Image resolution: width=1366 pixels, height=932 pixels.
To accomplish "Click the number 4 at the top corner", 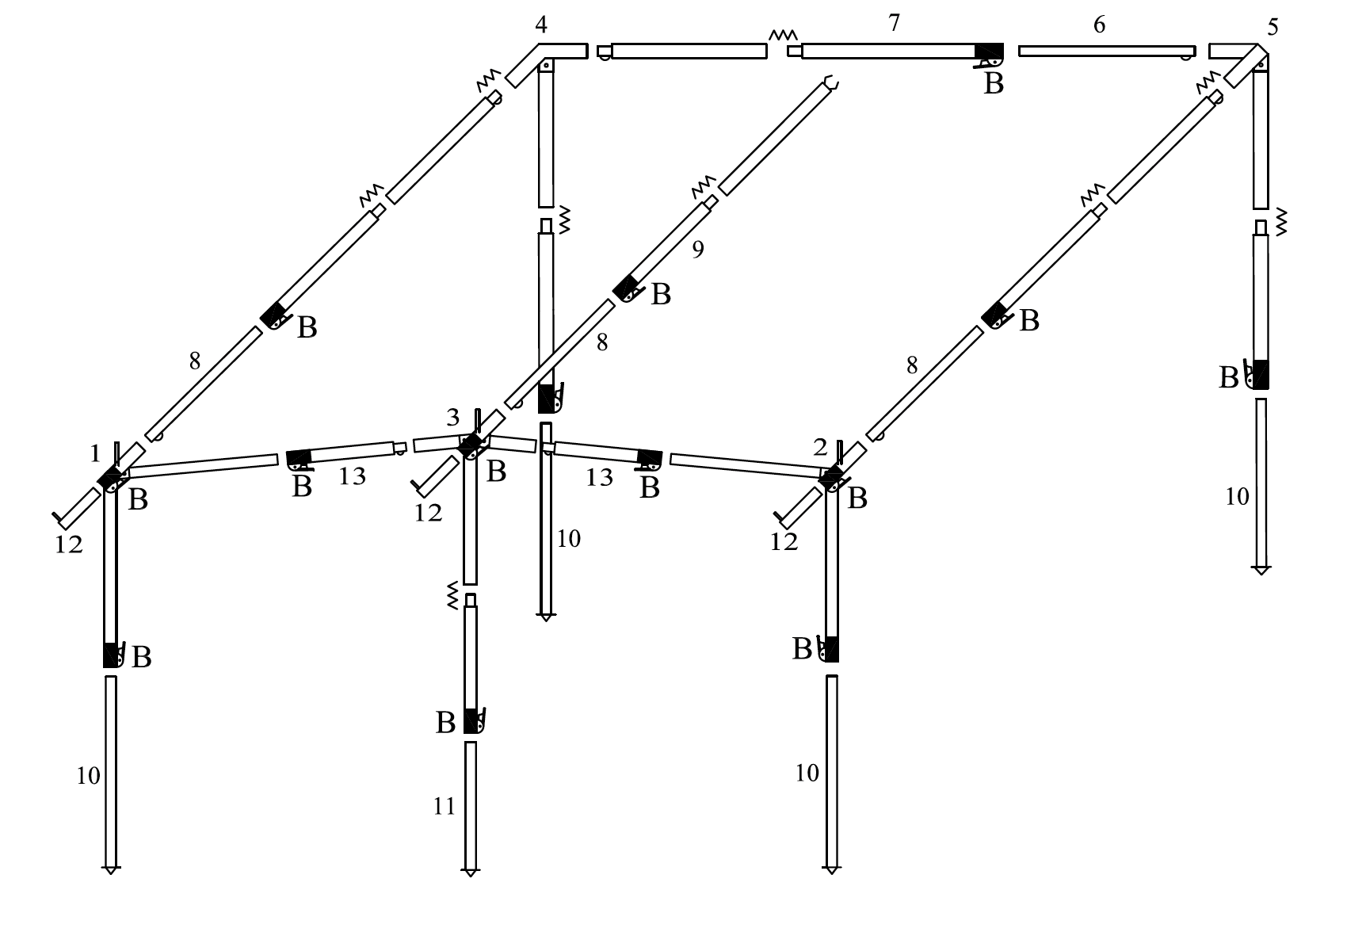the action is pyautogui.click(x=541, y=25).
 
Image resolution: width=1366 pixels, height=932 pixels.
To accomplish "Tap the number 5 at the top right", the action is pyautogui.click(x=1273, y=28).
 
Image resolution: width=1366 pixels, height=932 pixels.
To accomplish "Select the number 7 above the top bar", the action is pyautogui.click(x=895, y=24).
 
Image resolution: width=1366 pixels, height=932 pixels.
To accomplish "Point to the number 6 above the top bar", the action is pyautogui.click(x=1099, y=25).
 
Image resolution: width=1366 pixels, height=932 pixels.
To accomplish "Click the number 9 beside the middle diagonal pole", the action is pyautogui.click(x=697, y=250).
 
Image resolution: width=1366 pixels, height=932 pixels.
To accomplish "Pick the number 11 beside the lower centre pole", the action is pyautogui.click(x=445, y=807).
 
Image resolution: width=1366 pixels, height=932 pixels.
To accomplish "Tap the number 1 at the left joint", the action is pyautogui.click(x=96, y=454).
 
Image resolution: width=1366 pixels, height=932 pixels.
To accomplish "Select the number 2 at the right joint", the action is pyautogui.click(x=820, y=449).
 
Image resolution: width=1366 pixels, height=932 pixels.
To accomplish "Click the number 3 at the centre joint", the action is pyautogui.click(x=452, y=418).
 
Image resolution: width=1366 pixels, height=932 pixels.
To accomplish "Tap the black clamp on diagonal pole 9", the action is pyautogui.click(x=627, y=288).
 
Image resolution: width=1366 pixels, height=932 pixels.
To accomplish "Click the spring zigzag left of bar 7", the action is pyautogui.click(x=783, y=35).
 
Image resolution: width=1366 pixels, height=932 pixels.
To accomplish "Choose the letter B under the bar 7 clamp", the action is pyautogui.click(x=994, y=83).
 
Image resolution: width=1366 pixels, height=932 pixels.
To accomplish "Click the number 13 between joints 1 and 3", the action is pyautogui.click(x=353, y=476).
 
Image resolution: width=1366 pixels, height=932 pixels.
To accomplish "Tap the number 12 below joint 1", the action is pyautogui.click(x=69, y=544).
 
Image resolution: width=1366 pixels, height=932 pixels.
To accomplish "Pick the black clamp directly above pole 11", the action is pyautogui.click(x=473, y=720).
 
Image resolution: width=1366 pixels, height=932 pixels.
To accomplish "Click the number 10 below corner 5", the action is pyautogui.click(x=1237, y=497).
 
